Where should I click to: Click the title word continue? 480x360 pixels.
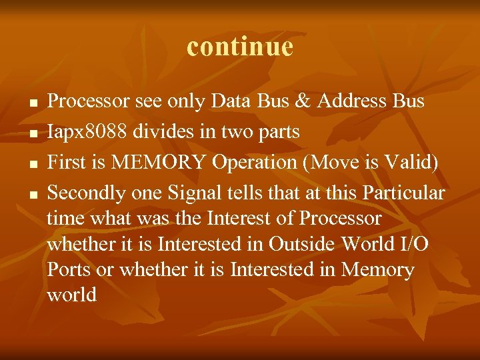[x=240, y=47]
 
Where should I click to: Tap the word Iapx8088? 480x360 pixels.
[x=87, y=132]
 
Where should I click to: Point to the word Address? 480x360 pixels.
[x=352, y=101]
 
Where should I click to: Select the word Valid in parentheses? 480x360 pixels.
[x=410, y=163]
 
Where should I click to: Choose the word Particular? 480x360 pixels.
[x=404, y=193]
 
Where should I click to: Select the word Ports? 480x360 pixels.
[x=68, y=270]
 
